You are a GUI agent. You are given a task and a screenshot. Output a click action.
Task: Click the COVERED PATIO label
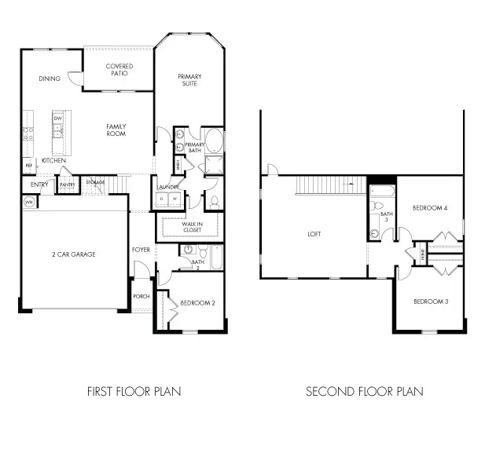(x=119, y=70)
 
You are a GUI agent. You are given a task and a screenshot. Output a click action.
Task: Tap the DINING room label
(x=49, y=79)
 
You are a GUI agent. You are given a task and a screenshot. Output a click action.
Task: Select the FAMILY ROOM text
(x=116, y=130)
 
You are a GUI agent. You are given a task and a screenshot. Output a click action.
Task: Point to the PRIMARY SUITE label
(x=189, y=79)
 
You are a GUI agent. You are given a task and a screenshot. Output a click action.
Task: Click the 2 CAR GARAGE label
(x=75, y=254)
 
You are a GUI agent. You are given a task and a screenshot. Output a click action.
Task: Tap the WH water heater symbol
(x=29, y=202)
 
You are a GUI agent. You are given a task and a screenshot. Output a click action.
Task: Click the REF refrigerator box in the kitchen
(x=28, y=166)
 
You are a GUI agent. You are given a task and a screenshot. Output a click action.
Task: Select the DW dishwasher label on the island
(x=57, y=119)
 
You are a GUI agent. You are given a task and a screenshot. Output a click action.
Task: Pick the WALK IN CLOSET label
(x=192, y=227)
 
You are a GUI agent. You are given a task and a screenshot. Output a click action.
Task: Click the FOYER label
(x=141, y=250)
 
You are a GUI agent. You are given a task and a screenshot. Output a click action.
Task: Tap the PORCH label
(x=141, y=296)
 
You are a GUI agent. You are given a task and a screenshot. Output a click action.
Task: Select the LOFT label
(x=314, y=234)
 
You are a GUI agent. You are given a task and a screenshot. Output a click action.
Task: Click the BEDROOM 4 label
(x=429, y=208)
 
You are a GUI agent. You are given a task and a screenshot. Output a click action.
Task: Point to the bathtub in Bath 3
(x=376, y=194)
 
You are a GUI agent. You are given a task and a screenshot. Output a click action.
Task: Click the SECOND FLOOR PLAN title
(x=364, y=391)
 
